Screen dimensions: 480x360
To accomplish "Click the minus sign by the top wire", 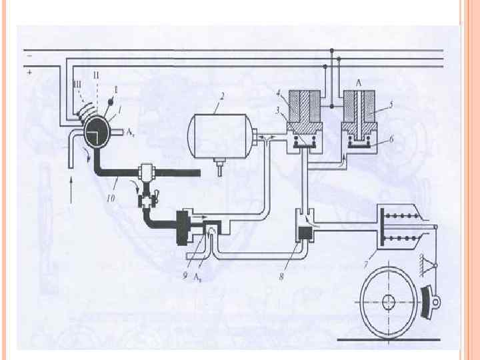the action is pyautogui.click(x=29, y=58).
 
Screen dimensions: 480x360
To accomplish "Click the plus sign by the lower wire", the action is pyautogui.click(x=30, y=77).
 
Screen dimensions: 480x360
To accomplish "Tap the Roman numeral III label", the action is pyautogui.click(x=78, y=82).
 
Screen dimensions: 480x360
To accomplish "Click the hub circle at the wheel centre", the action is pyautogui.click(x=389, y=301).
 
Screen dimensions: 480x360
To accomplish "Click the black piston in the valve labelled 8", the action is pyautogui.click(x=306, y=233).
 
